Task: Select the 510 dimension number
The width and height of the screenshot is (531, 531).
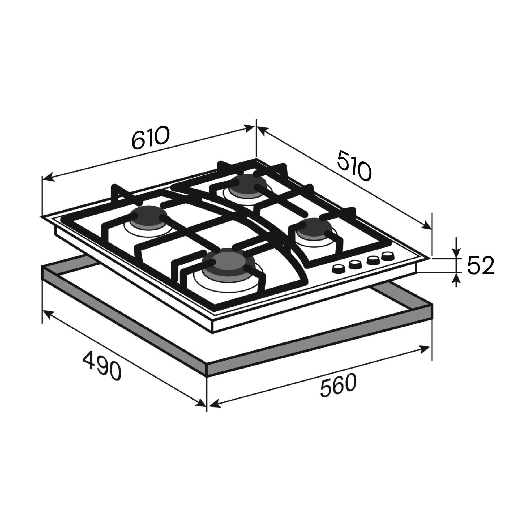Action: pos(354,165)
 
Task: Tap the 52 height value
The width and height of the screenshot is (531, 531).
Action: pos(481,265)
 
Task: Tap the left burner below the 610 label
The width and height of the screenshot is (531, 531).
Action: pos(148,217)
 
